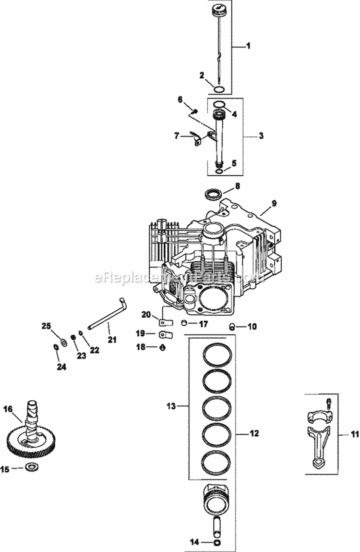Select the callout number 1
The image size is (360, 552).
[x=248, y=46]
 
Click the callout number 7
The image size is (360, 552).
[x=177, y=136]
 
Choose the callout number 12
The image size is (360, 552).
[x=254, y=433]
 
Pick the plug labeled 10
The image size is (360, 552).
[x=233, y=327]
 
